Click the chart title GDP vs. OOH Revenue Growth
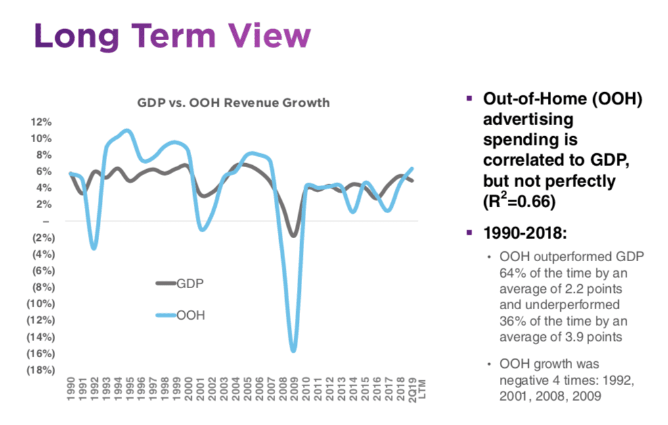click(x=233, y=103)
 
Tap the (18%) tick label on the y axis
click(x=39, y=370)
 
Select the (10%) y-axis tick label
click(x=39, y=303)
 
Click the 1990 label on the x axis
click(x=70, y=389)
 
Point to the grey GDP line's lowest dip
click(x=294, y=236)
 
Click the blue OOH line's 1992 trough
click(x=94, y=248)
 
